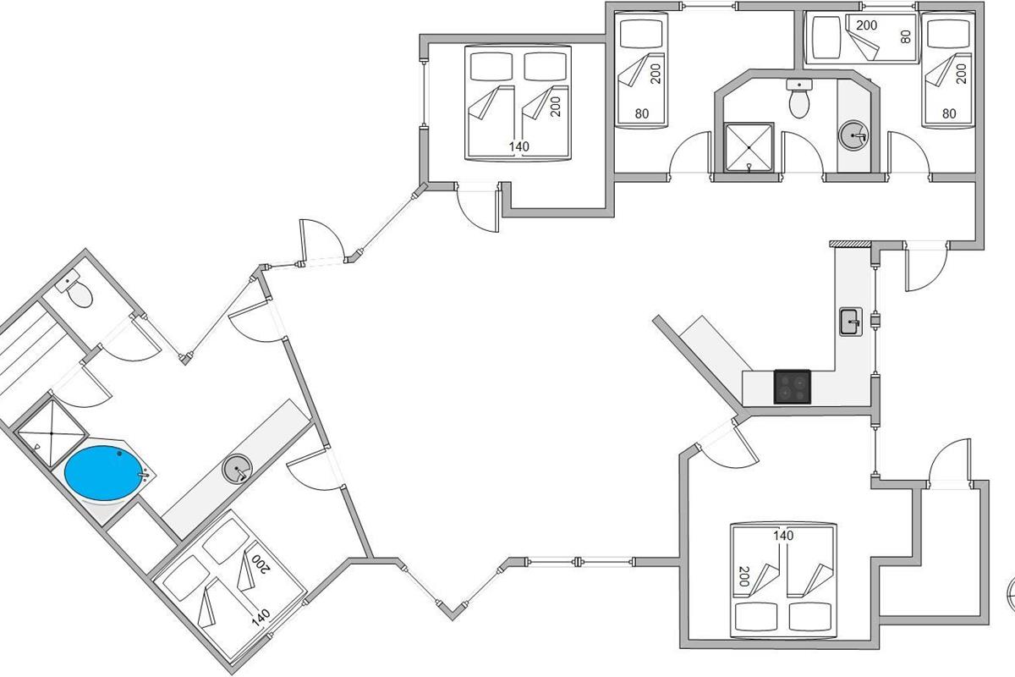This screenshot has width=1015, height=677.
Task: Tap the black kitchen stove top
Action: pyautogui.click(x=793, y=387)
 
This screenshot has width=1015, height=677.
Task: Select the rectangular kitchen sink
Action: pyautogui.click(x=850, y=322)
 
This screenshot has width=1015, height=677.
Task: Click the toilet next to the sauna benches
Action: pyautogui.click(x=78, y=293)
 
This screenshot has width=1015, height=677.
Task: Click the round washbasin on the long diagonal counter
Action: pyautogui.click(x=237, y=468)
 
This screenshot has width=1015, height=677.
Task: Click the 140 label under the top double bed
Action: pyautogui.click(x=518, y=146)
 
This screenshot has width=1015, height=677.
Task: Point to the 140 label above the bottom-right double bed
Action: pyautogui.click(x=783, y=536)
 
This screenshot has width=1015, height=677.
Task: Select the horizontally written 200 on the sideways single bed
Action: pyautogui.click(x=866, y=25)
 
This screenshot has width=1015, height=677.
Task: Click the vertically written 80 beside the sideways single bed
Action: pyautogui.click(x=906, y=36)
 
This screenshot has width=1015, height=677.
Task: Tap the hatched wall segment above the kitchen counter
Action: pyautogui.click(x=850, y=244)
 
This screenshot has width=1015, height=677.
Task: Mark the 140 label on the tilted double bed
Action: pyautogui.click(x=260, y=615)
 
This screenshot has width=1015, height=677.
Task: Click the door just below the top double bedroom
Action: pyautogui.click(x=475, y=207)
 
